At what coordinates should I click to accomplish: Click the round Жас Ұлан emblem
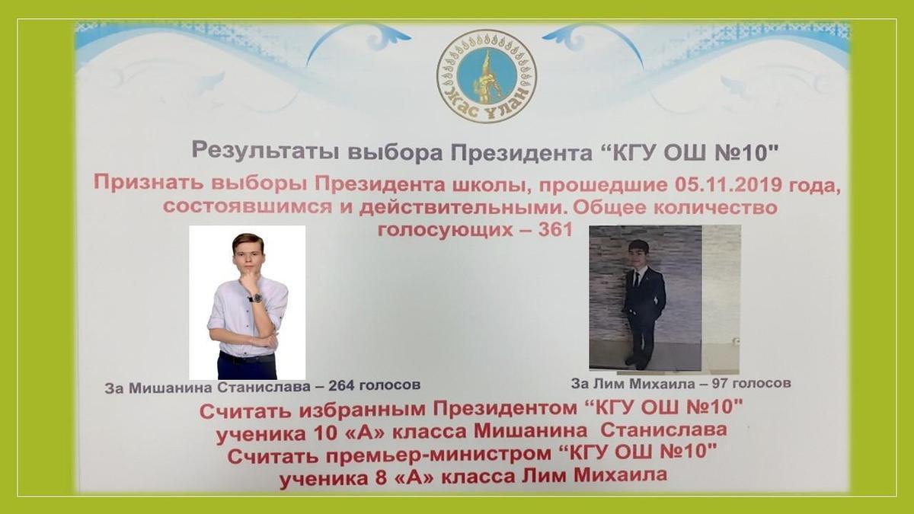[x=487, y=76]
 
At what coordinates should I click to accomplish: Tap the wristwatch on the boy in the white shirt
[x=256, y=299]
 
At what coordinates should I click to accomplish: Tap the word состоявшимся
[x=248, y=207]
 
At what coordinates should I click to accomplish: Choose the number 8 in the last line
[x=380, y=477]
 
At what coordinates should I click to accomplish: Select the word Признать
[x=149, y=182]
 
